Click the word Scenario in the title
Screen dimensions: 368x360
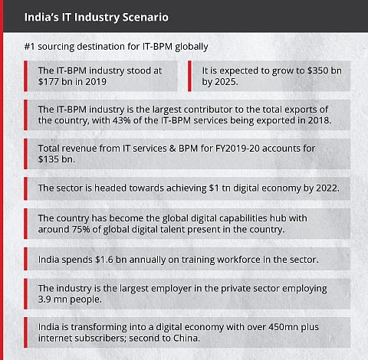(x=145, y=17)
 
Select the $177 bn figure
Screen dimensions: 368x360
(x=53, y=82)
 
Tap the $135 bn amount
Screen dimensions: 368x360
(x=56, y=159)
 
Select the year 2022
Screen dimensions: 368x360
(x=327, y=188)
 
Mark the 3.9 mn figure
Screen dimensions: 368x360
(x=53, y=299)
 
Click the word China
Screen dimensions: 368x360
(x=186, y=338)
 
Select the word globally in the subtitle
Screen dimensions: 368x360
(x=192, y=47)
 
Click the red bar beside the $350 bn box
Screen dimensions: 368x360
(x=189, y=76)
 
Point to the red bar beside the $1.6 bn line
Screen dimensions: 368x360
(x=25, y=259)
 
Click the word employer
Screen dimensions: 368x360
(x=171, y=289)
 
